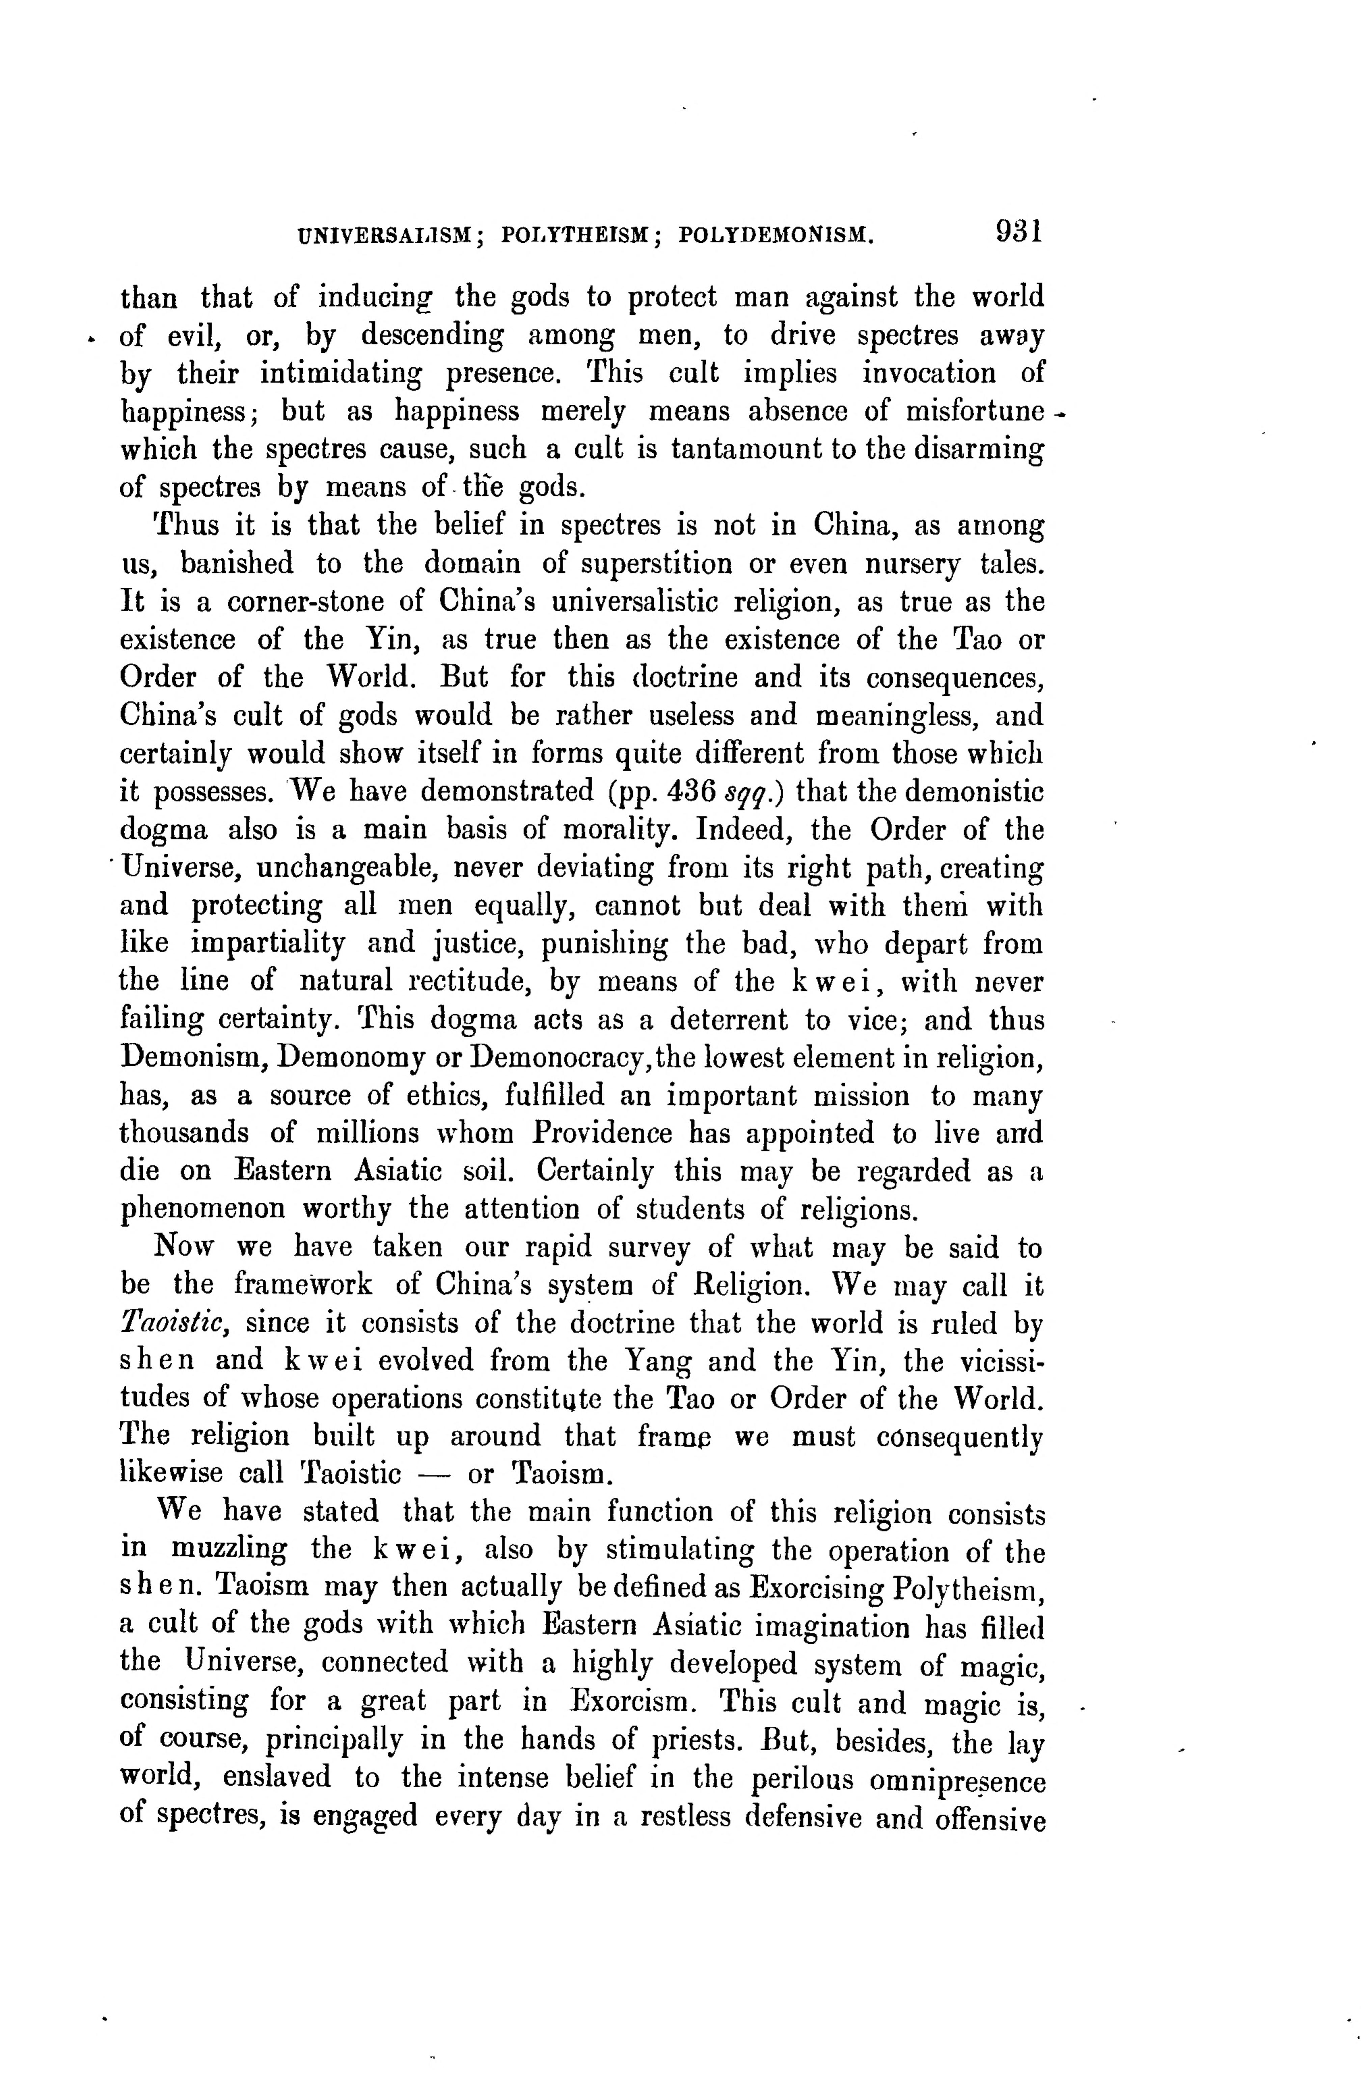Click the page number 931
[1015, 233]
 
